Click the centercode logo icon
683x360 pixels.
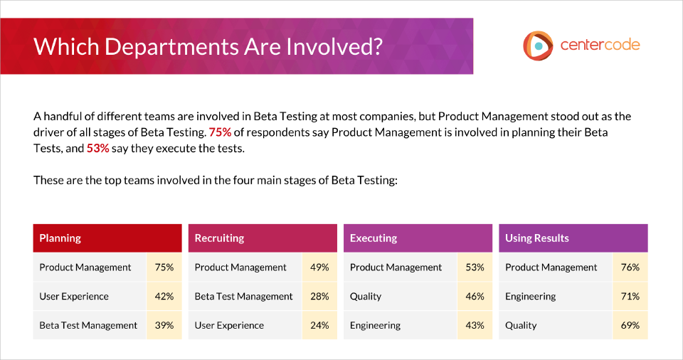click(538, 46)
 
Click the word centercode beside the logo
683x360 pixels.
click(600, 45)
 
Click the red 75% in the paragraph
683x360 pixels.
click(220, 132)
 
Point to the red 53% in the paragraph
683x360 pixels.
click(97, 148)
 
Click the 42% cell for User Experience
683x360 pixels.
click(164, 297)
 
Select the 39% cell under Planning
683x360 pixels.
click(164, 325)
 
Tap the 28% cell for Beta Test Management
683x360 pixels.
click(319, 297)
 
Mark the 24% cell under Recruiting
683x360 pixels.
click(319, 325)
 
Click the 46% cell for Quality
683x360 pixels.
click(475, 297)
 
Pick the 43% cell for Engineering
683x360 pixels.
click(475, 325)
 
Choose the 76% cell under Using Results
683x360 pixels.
click(630, 268)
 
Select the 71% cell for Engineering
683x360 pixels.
click(630, 297)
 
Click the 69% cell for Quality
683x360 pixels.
click(630, 325)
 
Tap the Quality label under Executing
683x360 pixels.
click(366, 297)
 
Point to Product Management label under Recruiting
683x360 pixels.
click(240, 268)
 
